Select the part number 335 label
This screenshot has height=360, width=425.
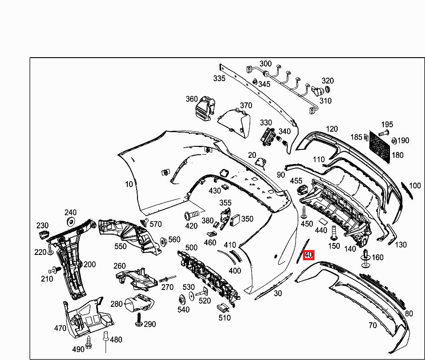[x=219, y=78]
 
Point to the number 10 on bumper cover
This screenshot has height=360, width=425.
[x=129, y=184]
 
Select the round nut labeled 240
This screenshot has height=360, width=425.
[x=70, y=222]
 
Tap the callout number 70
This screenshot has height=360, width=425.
[x=372, y=325]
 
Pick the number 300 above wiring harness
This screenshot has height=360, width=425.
[x=265, y=64]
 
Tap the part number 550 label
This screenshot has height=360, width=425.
[x=120, y=247]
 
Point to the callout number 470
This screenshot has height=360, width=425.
[x=60, y=329]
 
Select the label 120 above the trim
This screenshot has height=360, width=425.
[x=332, y=129]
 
